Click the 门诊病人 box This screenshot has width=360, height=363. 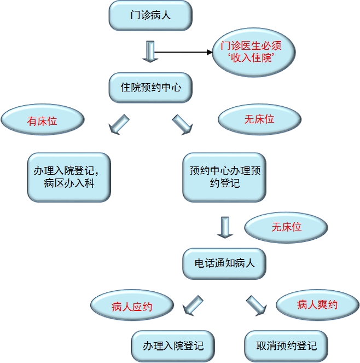pos(150,15)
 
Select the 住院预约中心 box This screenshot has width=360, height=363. pos(150,87)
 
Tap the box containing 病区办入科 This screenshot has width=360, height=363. pos(69,177)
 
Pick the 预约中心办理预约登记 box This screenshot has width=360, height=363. pos(224,177)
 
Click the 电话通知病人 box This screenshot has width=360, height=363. pos(224,263)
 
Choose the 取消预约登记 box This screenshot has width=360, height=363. pos(286,345)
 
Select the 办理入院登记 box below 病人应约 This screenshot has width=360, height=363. pos(173,345)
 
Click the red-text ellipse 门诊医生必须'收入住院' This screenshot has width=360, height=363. pos(254,53)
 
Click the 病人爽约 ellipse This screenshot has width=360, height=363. pos(317,305)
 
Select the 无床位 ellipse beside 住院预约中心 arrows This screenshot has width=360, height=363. pos(259,119)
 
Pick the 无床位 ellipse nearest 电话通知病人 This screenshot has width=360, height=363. pos(286,227)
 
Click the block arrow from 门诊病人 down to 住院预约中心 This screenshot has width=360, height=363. pos(149,51)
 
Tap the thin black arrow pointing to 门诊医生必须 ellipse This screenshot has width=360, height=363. pos(183,53)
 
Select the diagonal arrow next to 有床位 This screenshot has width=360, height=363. pos(119,124)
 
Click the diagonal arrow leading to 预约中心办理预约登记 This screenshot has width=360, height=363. pos(183,125)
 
